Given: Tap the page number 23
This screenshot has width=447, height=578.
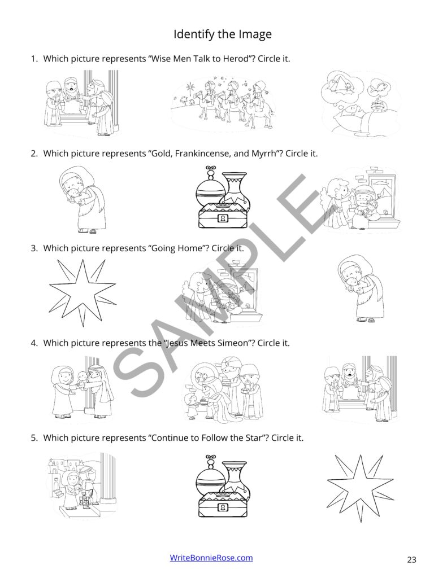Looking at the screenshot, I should point(411,559).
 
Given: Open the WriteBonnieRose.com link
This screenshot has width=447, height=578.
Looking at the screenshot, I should point(211,558).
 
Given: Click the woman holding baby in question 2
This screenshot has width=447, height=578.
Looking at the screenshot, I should point(82,199).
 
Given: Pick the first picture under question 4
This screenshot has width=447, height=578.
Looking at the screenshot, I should point(82,388).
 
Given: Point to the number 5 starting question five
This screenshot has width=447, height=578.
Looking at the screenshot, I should point(33,437).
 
